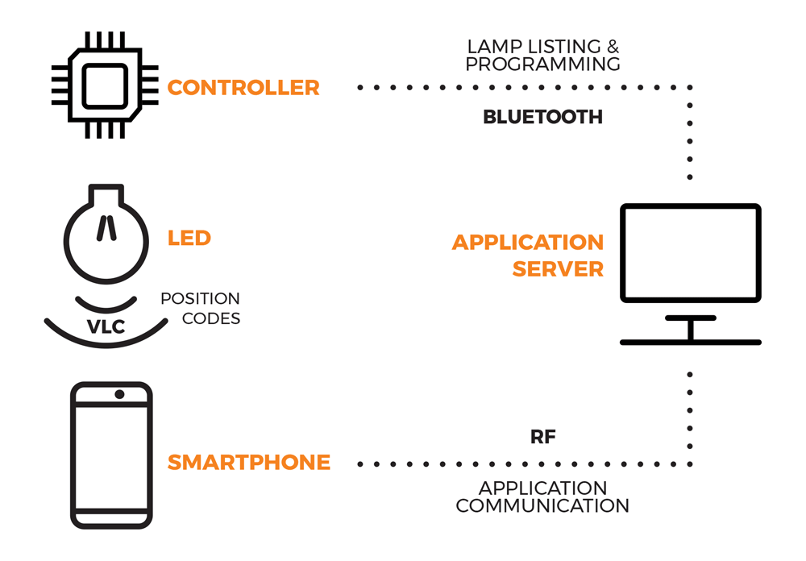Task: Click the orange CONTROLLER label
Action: [x=243, y=88]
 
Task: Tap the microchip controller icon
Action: [x=104, y=85]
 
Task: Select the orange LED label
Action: [x=189, y=239]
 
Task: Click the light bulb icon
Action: [x=106, y=234]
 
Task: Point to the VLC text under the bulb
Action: [x=106, y=326]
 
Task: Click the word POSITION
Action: [x=200, y=299]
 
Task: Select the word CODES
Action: [x=211, y=319]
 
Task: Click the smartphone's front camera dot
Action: [x=119, y=394]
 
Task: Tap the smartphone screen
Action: [x=111, y=455]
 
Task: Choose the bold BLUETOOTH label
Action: [x=542, y=118]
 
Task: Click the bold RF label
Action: [x=542, y=438]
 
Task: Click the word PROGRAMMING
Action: [x=542, y=64]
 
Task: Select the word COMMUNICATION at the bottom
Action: [x=542, y=506]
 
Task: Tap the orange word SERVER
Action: [x=558, y=270]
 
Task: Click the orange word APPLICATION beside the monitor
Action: [x=527, y=243]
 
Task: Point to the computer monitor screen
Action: [x=690, y=252]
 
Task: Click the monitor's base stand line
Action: [x=690, y=343]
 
